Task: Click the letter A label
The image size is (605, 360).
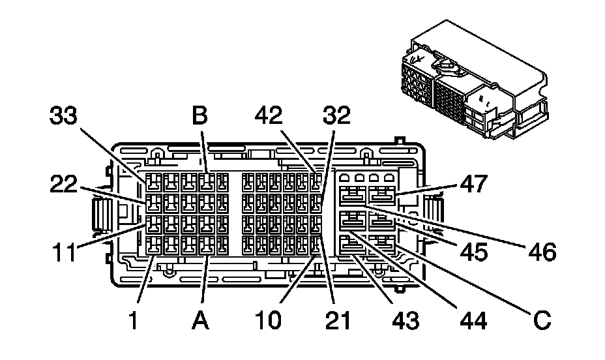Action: [201, 320]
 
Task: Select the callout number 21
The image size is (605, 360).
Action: [337, 320]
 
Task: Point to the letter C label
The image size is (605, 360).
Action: [540, 320]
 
